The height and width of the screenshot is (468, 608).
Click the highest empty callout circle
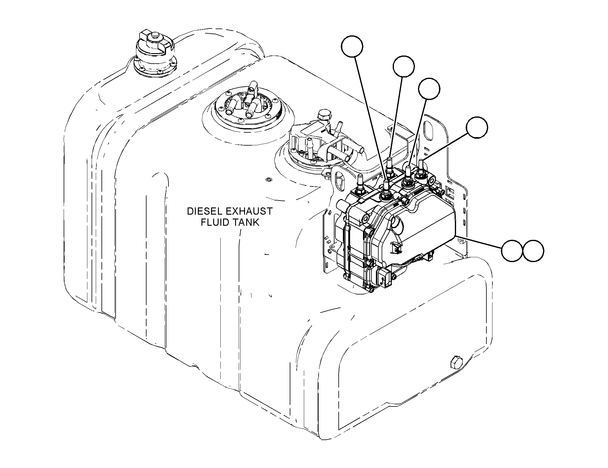(352, 46)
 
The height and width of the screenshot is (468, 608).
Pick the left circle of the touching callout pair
(512, 250)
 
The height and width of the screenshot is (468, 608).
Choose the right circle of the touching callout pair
(533, 250)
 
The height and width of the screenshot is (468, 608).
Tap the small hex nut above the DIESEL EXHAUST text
(268, 180)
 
